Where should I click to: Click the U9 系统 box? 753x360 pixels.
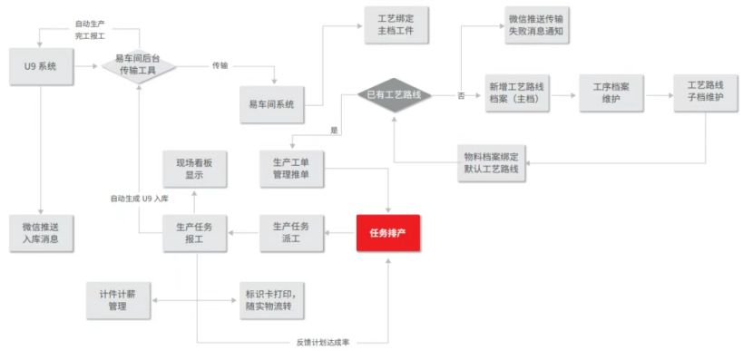click(41, 66)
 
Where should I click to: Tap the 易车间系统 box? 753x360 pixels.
click(271, 104)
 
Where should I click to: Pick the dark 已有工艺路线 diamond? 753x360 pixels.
click(394, 93)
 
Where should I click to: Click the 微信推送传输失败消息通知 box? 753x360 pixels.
click(539, 26)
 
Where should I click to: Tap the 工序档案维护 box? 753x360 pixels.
click(611, 92)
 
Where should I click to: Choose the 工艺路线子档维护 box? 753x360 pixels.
click(706, 92)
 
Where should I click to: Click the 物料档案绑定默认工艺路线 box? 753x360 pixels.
click(490, 162)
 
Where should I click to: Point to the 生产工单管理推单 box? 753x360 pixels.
click(291, 168)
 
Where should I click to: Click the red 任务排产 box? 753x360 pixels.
click(388, 234)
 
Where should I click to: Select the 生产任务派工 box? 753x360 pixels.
click(291, 233)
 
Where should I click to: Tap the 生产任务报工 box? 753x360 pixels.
click(194, 233)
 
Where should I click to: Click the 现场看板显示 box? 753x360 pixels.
click(194, 168)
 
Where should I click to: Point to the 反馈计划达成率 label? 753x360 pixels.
click(325, 343)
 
